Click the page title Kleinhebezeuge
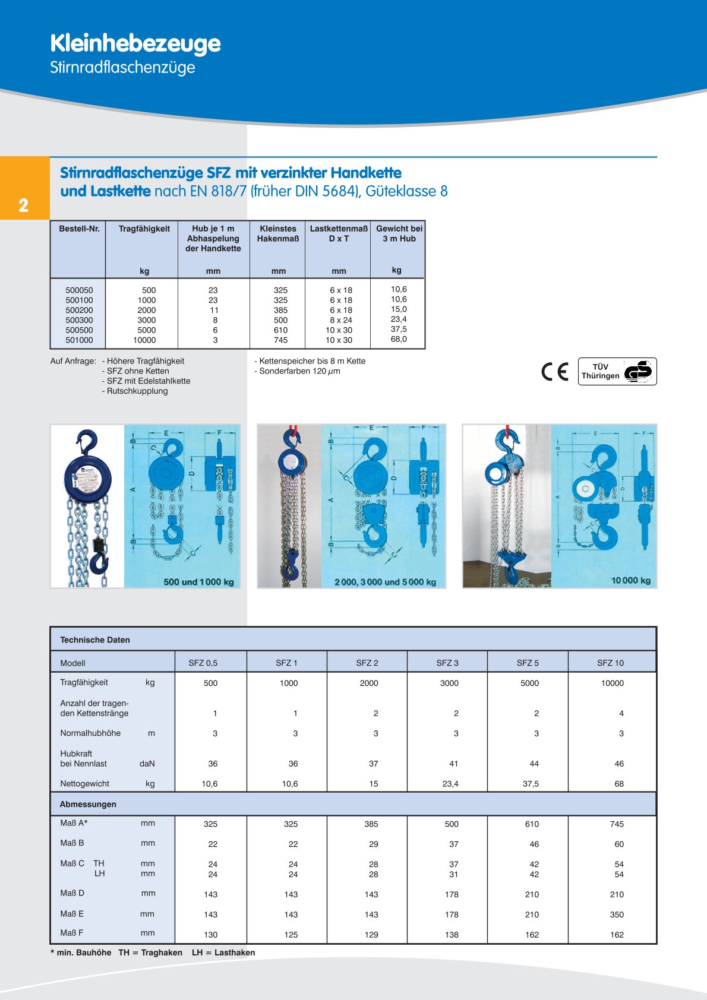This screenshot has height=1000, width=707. tap(135, 43)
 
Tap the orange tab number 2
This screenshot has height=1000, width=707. tap(23, 205)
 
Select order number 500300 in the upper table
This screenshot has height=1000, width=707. tap(79, 320)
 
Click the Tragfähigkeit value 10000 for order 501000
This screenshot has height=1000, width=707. tap(144, 340)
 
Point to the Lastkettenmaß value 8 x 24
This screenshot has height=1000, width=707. tap(340, 320)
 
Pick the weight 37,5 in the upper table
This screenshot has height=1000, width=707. tap(399, 329)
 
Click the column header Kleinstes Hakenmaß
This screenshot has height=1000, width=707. tap(277, 233)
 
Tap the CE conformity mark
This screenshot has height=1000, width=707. tap(555, 372)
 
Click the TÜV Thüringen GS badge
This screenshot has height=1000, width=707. tap(617, 372)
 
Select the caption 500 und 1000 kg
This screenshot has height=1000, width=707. tap(198, 582)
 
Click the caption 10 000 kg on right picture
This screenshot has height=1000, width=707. tap(630, 580)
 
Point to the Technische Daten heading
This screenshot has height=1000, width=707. tap(95, 640)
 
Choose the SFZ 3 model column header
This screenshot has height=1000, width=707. tap(447, 663)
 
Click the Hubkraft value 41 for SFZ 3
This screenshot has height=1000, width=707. tap(454, 764)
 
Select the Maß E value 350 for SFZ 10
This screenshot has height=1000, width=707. tap(617, 914)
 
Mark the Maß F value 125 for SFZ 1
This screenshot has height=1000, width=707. tap(291, 935)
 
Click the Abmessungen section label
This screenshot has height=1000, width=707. tap(88, 804)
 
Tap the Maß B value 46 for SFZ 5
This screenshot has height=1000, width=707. tap(534, 844)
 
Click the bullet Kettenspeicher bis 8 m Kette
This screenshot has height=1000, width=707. tap(311, 361)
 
